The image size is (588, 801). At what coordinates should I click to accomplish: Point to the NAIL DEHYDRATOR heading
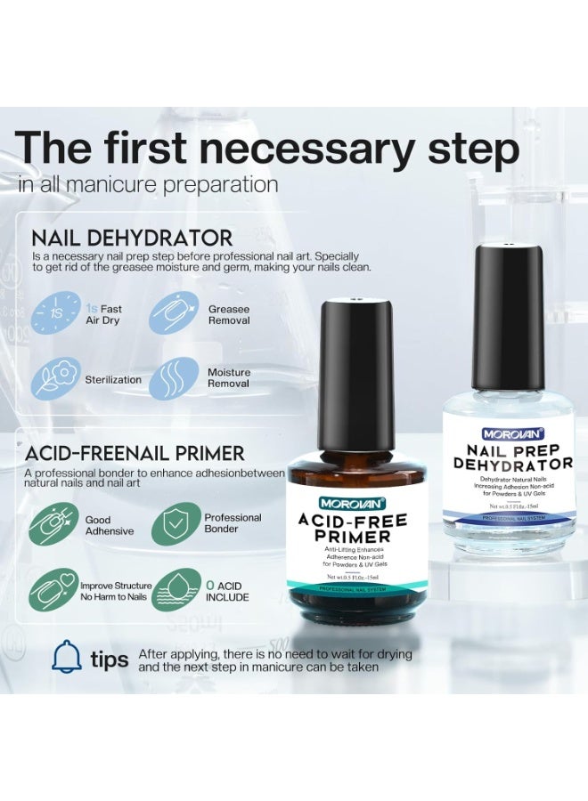[x=132, y=238]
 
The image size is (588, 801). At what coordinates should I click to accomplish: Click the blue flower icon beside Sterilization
[x=55, y=379]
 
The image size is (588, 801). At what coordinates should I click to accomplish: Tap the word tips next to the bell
[x=110, y=660]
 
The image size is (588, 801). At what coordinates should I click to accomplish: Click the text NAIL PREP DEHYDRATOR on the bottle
[x=509, y=457]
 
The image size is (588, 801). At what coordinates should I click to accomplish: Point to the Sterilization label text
[x=113, y=380]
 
